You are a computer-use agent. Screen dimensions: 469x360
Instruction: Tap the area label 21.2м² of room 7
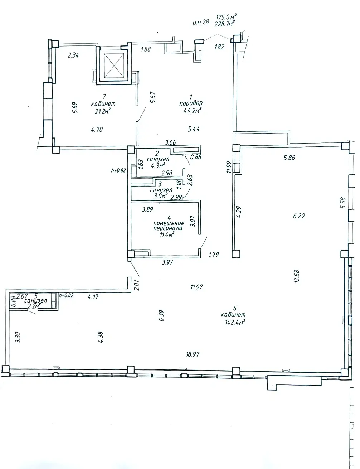[101, 111]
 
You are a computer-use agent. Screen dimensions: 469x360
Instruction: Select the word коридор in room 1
[191, 103]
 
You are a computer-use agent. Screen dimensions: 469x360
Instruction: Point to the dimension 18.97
[193, 354]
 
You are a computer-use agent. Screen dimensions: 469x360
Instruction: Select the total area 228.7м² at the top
[224, 24]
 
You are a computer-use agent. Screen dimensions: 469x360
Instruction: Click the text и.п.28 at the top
[200, 22]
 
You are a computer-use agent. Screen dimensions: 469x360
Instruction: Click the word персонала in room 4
[167, 228]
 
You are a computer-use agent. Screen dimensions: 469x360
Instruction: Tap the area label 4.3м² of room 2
[157, 165]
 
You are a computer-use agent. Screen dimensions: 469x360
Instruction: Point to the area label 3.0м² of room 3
[160, 196]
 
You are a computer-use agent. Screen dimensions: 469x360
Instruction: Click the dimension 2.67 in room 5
[22, 296]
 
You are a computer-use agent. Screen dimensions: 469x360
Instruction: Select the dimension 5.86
[289, 157]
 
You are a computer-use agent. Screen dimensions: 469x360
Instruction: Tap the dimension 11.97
[196, 286]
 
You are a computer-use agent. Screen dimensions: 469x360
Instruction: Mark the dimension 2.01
[136, 284]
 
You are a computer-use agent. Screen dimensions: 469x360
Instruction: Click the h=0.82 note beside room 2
[119, 170]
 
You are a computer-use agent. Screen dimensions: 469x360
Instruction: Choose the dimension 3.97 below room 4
[167, 262]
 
